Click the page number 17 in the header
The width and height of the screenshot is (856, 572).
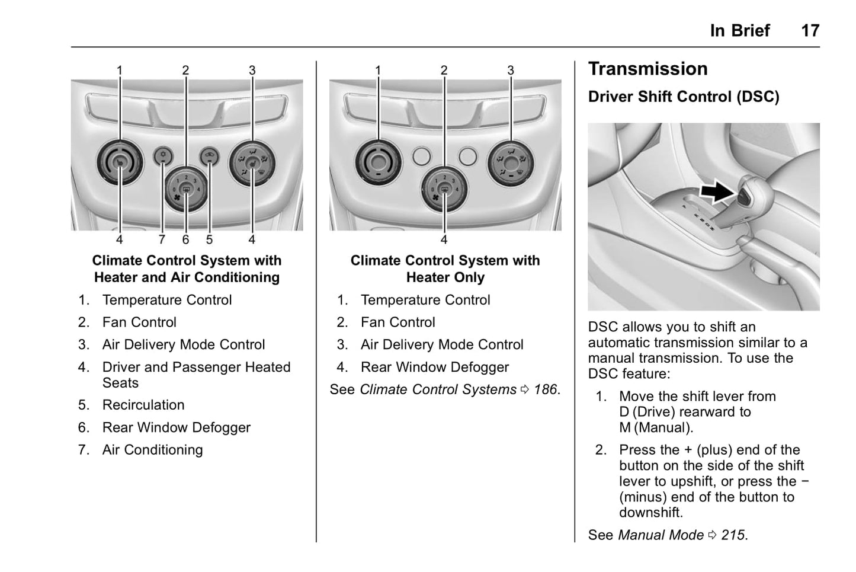click(810, 30)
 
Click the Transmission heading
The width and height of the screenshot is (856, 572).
click(647, 69)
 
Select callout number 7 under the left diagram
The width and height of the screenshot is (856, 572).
click(162, 239)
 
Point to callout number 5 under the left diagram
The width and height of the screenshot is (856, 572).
click(209, 239)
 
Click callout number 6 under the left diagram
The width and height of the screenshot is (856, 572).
click(185, 239)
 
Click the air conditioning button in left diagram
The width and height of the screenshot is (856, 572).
click(163, 156)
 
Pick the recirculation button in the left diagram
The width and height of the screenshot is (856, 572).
click(209, 156)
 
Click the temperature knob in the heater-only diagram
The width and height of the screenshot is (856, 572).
click(378, 161)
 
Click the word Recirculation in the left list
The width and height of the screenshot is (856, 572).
click(143, 405)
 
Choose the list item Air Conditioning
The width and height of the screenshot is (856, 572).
click(152, 450)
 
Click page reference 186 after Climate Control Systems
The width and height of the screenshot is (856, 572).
click(545, 389)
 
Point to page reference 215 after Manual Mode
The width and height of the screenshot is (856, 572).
click(733, 535)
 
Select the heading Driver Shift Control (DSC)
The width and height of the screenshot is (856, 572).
click(684, 97)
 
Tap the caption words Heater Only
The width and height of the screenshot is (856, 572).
click(445, 277)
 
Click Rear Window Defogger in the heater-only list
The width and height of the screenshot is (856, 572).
click(434, 368)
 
